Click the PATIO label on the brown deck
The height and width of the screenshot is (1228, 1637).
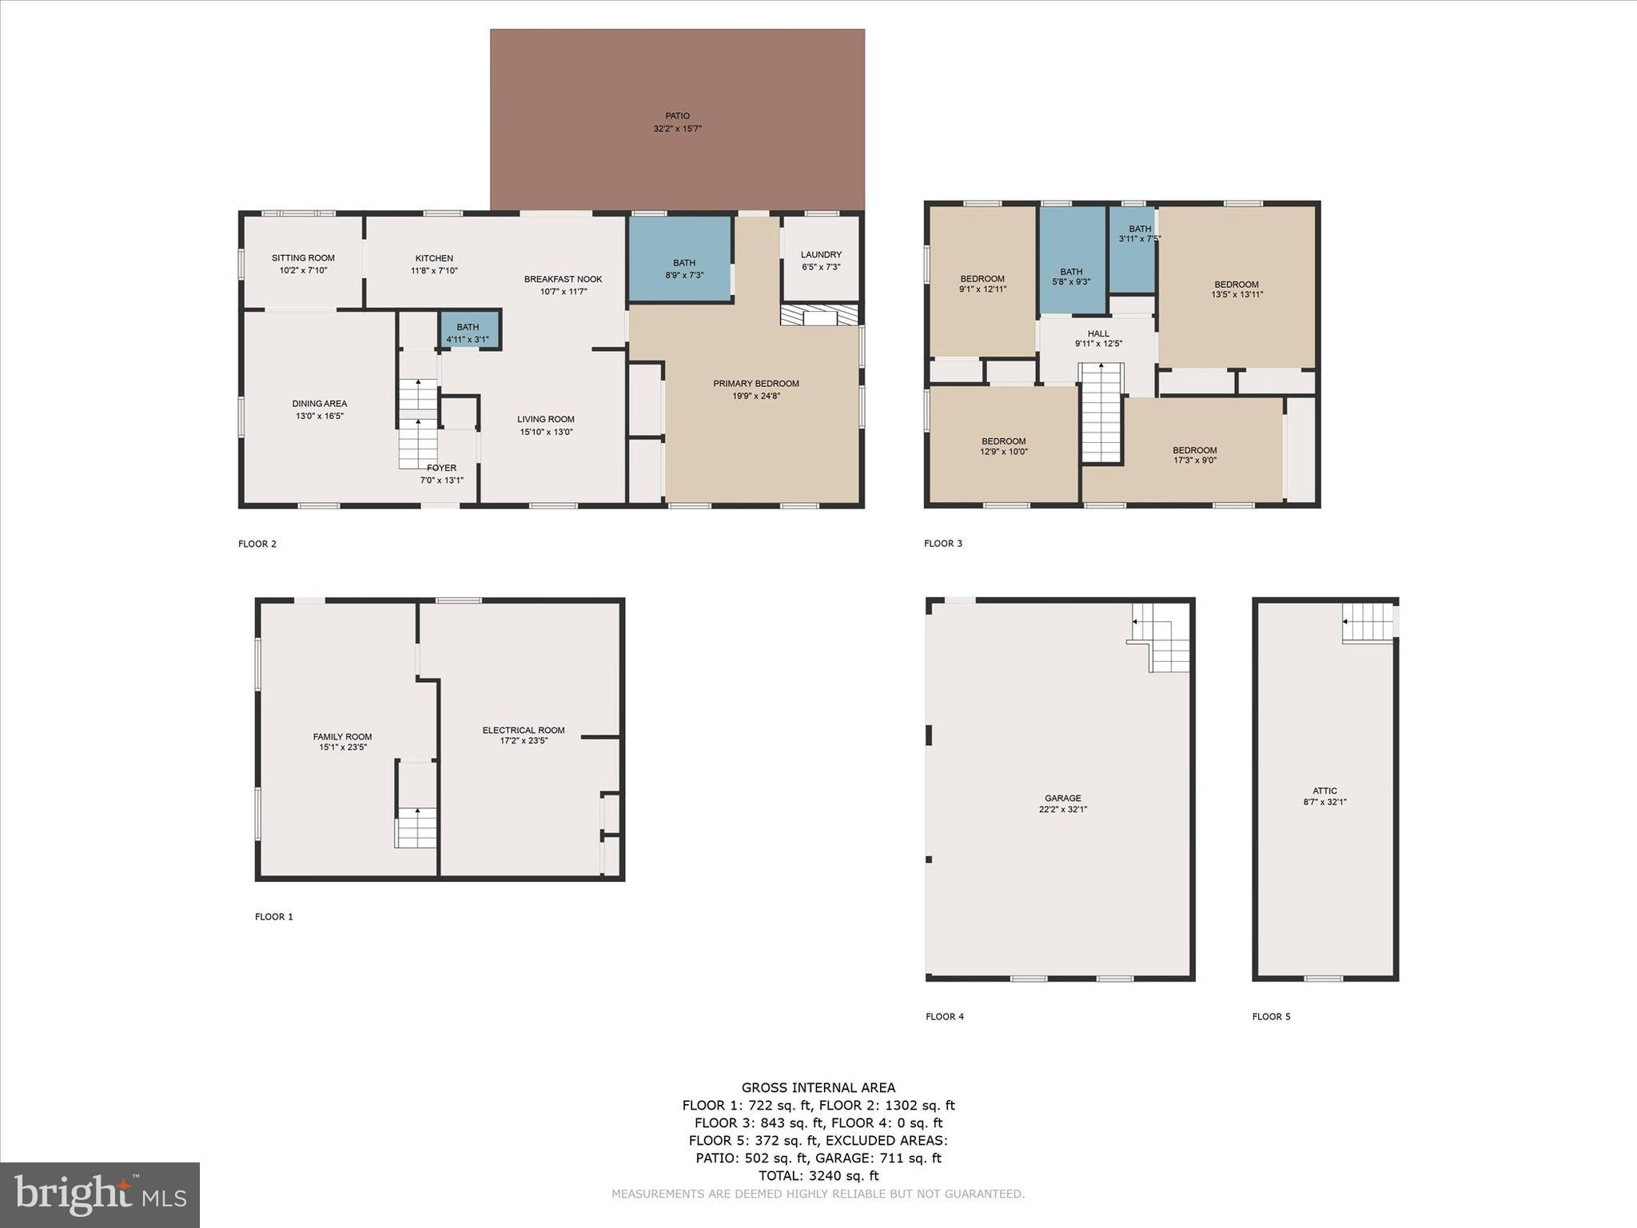pyautogui.click(x=677, y=116)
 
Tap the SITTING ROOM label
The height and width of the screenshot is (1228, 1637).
pyautogui.click(x=303, y=258)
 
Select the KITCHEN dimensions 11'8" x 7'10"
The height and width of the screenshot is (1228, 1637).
pyautogui.click(x=434, y=271)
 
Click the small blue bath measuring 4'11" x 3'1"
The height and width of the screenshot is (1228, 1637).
pyautogui.click(x=468, y=332)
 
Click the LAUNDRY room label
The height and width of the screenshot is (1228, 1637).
pyautogui.click(x=821, y=255)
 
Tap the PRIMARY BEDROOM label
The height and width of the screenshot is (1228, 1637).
pyautogui.click(x=756, y=384)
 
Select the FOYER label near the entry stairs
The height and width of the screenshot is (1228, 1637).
pyautogui.click(x=441, y=468)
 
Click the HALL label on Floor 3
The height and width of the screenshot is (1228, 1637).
pyautogui.click(x=1098, y=334)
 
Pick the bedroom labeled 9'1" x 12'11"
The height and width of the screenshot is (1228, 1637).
pyautogui.click(x=982, y=284)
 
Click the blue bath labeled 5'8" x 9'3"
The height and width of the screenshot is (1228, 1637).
pyautogui.click(x=1071, y=276)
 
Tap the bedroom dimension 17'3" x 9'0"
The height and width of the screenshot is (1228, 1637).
pyautogui.click(x=1195, y=460)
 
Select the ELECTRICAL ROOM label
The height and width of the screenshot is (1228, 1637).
pyautogui.click(x=524, y=730)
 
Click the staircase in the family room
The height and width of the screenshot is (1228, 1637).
pyautogui.click(x=416, y=827)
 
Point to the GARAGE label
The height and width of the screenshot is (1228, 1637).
pyautogui.click(x=1063, y=798)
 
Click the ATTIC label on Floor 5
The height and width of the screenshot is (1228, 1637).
pyautogui.click(x=1324, y=791)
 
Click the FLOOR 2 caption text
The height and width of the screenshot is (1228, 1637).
pyautogui.click(x=257, y=544)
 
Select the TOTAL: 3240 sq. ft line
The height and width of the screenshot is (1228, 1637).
pyautogui.click(x=818, y=1175)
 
